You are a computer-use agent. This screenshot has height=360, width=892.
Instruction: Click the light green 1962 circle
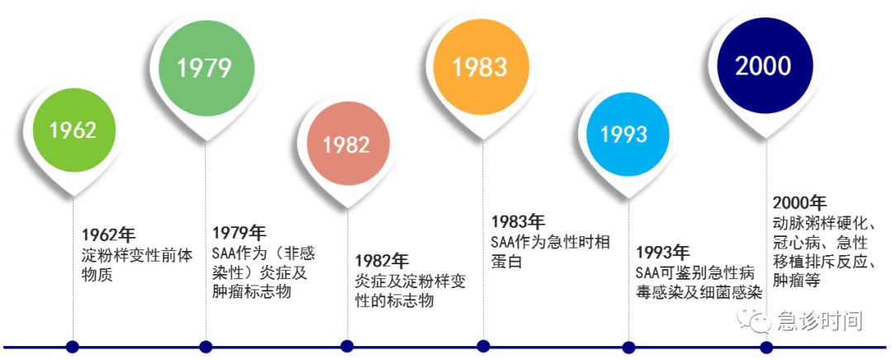(74, 130)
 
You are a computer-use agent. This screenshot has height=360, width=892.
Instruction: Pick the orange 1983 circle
(482, 67)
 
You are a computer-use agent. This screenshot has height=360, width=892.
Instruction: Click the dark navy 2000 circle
(763, 66)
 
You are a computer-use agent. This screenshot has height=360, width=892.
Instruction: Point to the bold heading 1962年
(109, 234)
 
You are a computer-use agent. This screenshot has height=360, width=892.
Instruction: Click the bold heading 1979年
(239, 233)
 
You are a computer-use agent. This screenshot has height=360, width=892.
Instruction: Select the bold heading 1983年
(518, 221)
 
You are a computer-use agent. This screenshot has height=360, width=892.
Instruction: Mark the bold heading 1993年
(663, 252)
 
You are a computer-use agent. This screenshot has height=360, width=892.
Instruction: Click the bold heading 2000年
(799, 202)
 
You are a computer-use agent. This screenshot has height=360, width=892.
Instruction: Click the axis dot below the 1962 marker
(72, 346)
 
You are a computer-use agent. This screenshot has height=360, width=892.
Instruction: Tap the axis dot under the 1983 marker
(483, 346)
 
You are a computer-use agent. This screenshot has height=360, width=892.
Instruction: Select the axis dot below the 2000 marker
(766, 347)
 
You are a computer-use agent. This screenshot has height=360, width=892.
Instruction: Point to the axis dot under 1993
(629, 347)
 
